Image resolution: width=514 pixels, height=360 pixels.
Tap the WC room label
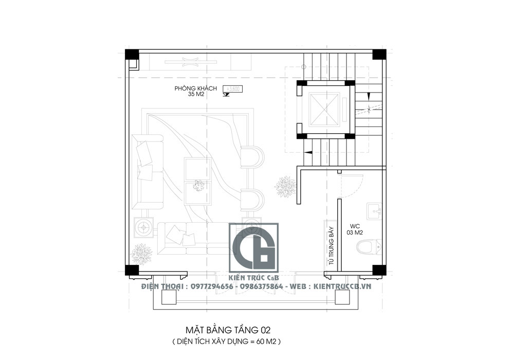pos(355,228)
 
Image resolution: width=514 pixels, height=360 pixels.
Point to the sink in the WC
pos(374,211)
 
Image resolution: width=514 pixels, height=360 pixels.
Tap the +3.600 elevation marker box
pos(233,89)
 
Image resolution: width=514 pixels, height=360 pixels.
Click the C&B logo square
pos(253,247)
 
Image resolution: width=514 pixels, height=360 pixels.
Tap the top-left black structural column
pos(132,55)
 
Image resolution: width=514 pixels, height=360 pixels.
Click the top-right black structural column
pos(379,55)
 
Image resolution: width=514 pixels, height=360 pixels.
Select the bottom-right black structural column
pos(379,270)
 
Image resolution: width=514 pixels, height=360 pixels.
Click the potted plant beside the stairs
pos(285,186)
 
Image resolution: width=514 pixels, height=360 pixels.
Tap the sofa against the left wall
pos(146,171)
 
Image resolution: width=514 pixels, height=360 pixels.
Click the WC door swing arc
pos(354,185)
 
